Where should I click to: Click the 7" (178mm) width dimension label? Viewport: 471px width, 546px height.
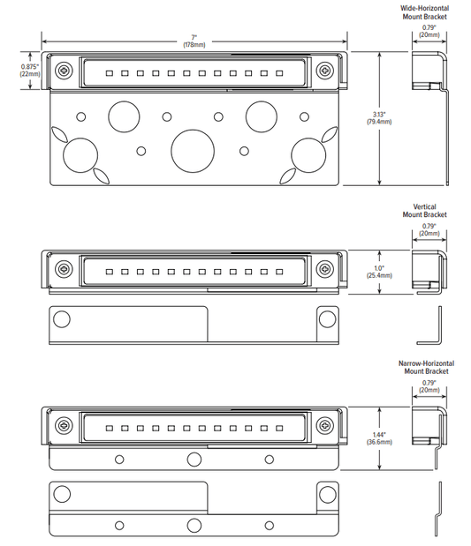pos(194,41)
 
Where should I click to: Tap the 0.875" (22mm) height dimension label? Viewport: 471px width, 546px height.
pos(30,70)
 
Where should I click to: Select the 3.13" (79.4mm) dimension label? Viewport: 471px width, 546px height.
pos(379,118)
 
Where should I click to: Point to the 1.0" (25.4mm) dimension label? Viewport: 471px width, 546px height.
pos(379,272)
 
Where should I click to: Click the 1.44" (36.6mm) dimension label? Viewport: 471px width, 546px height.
pos(379,438)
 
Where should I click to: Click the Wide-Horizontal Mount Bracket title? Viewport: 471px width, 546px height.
pos(424,12)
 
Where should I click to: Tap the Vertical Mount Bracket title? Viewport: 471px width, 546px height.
pos(424,211)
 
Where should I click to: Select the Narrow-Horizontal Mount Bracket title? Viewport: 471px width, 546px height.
pos(426,367)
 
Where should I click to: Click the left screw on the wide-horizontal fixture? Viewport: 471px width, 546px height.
pos(65,71)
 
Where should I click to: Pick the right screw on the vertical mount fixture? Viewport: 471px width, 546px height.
pos(325,269)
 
